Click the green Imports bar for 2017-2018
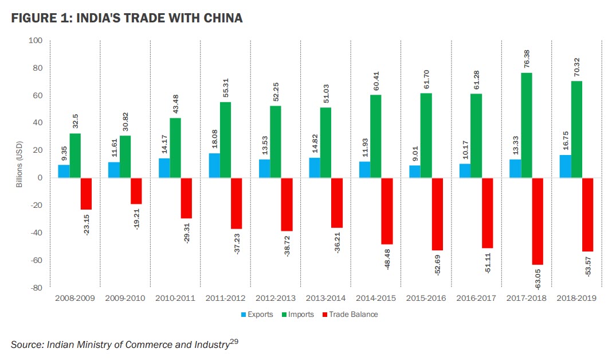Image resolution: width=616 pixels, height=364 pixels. [x=527, y=125]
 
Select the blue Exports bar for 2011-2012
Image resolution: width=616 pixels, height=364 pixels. [x=214, y=165]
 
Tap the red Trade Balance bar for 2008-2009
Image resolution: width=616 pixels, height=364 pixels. [x=86, y=193]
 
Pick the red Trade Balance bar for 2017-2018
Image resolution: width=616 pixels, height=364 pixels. [x=537, y=221]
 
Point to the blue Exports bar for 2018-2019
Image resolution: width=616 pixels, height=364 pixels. [x=564, y=166]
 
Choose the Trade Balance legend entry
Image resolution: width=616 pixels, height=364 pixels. [x=350, y=314]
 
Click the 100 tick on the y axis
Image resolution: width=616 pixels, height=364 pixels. [x=36, y=41]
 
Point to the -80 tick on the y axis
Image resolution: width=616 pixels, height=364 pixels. [x=36, y=288]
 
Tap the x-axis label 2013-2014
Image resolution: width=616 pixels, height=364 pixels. [x=326, y=299]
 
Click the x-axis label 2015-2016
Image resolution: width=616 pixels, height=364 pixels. [x=426, y=299]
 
